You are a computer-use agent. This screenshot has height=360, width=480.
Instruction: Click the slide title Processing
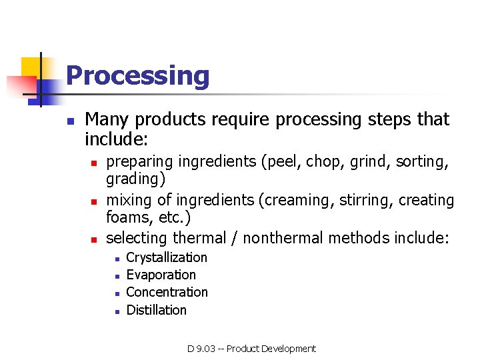click(x=137, y=76)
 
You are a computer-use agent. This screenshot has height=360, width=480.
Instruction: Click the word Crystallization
click(x=167, y=257)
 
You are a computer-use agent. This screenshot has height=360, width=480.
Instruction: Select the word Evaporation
click(x=161, y=275)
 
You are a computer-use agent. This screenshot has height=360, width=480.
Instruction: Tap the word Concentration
click(x=167, y=292)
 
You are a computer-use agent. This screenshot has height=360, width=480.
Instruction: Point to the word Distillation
click(x=156, y=310)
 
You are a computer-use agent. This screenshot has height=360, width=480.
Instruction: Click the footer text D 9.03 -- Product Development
click(x=251, y=349)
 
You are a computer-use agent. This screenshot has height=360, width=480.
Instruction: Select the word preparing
click(x=138, y=162)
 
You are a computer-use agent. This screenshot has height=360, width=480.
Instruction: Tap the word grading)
click(x=136, y=179)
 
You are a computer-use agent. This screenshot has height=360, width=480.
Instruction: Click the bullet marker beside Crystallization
click(x=116, y=258)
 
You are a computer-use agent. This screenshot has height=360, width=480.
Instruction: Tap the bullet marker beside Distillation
click(x=116, y=311)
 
